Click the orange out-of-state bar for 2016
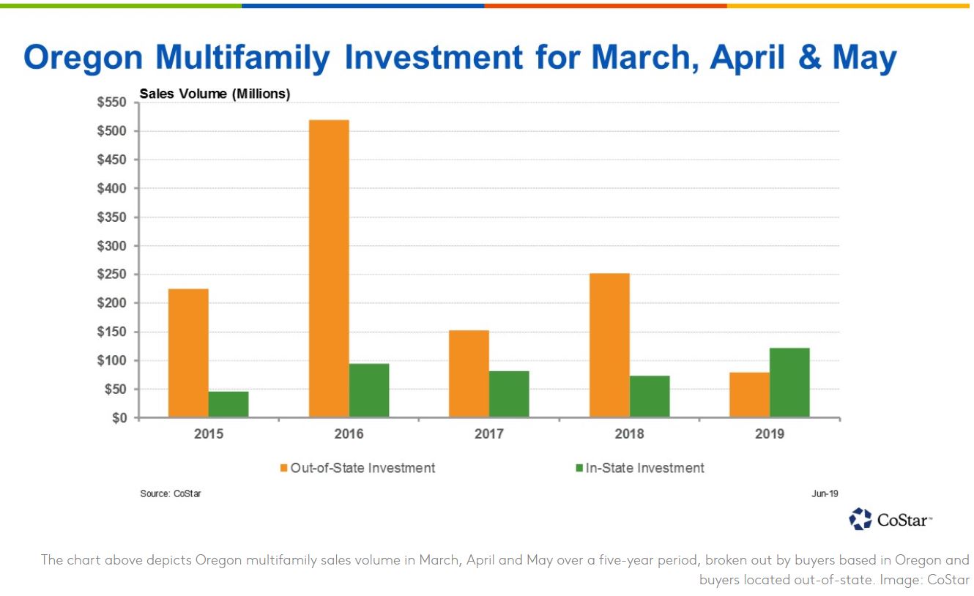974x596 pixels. (x=329, y=269)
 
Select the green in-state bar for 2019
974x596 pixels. (x=789, y=382)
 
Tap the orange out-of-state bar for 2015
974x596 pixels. (x=188, y=353)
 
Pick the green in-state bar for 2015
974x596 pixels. (x=228, y=404)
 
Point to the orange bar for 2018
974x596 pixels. (x=609, y=345)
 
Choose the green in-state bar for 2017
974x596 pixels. (x=509, y=395)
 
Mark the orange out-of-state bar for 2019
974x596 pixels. (x=750, y=395)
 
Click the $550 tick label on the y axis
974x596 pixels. (x=112, y=103)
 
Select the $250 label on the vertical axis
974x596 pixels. (x=112, y=275)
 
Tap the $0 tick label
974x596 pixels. (x=119, y=418)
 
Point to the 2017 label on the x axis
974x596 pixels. (x=488, y=434)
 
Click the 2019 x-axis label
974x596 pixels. (x=769, y=434)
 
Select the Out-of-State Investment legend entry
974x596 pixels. (x=357, y=468)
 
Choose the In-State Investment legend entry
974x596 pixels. (x=639, y=468)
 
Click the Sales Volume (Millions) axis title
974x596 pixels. (x=215, y=94)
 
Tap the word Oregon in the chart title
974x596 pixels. (x=83, y=58)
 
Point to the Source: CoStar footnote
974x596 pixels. (x=171, y=493)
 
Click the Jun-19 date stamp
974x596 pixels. (x=825, y=493)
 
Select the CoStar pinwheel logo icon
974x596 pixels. (x=860, y=519)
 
